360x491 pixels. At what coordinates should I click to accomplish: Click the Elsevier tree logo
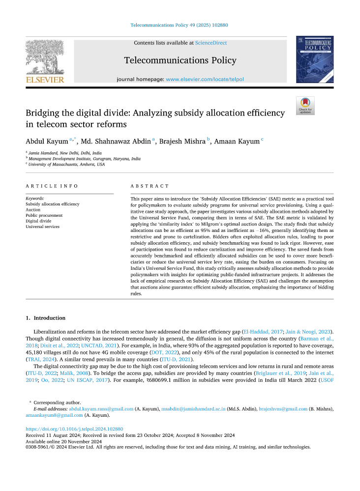tap(45, 58)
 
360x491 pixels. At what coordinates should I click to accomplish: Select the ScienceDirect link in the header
tap(211, 43)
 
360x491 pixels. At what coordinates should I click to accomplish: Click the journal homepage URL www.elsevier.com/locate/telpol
tap(205, 79)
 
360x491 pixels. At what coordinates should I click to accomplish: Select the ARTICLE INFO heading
tap(52, 186)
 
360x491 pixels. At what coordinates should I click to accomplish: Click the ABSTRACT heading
tap(150, 186)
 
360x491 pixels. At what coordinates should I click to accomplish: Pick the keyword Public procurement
tap(44, 215)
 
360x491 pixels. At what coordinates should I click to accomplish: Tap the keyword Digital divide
tap(39, 221)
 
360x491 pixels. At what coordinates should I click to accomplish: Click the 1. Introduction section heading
tap(45, 318)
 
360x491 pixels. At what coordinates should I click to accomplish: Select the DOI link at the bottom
tap(74, 429)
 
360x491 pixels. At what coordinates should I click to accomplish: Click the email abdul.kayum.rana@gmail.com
tap(101, 409)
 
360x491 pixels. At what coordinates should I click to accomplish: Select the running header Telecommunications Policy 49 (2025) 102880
tap(180, 25)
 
